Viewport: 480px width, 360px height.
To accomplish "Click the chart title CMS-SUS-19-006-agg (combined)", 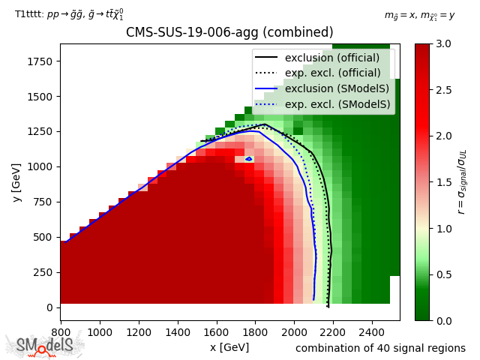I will click(x=229, y=33).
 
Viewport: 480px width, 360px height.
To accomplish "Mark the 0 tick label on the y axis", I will click(x=51, y=307).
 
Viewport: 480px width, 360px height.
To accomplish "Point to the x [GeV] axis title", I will click(x=229, y=347).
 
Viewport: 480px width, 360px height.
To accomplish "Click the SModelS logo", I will click(x=45, y=345).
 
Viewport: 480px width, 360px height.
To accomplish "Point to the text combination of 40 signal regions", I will click(x=380, y=348).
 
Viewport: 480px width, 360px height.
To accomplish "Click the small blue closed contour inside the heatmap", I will click(x=249, y=159).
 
